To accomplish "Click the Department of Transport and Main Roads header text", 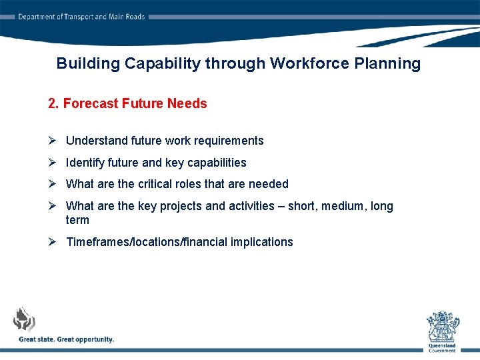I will click(x=81, y=17).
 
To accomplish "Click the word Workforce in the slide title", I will click(x=304, y=64).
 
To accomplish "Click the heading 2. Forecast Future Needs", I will click(x=127, y=103).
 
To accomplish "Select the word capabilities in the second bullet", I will click(x=217, y=163).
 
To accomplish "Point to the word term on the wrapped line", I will click(x=77, y=220).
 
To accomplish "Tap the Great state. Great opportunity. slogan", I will click(x=66, y=339).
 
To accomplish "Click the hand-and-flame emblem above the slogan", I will click(x=25, y=319).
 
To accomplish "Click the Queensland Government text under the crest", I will click(x=443, y=347).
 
